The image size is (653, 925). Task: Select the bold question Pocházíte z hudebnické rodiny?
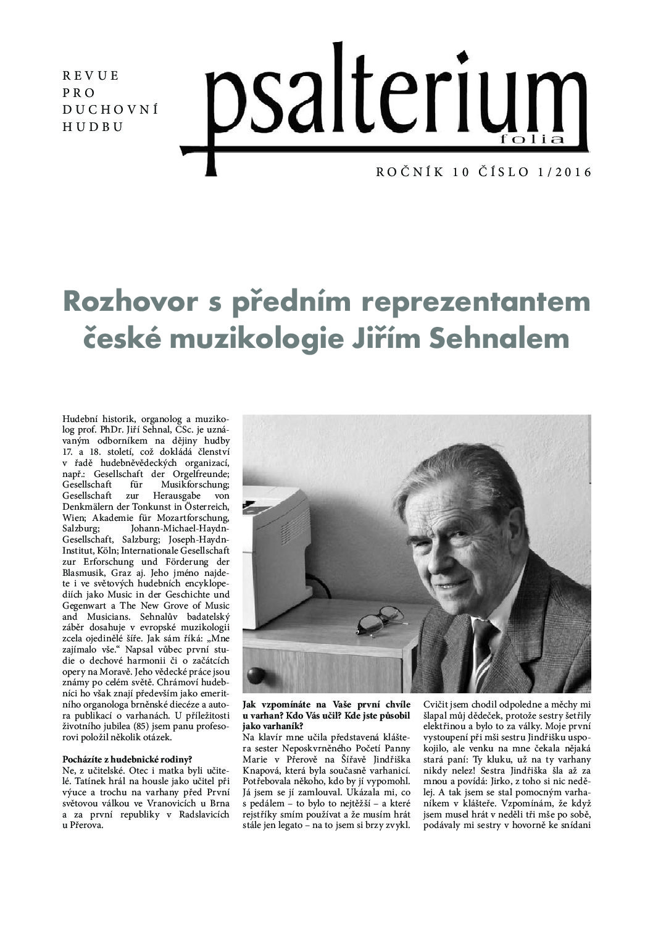click(x=127, y=759)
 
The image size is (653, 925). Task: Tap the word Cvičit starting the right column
click(x=437, y=704)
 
